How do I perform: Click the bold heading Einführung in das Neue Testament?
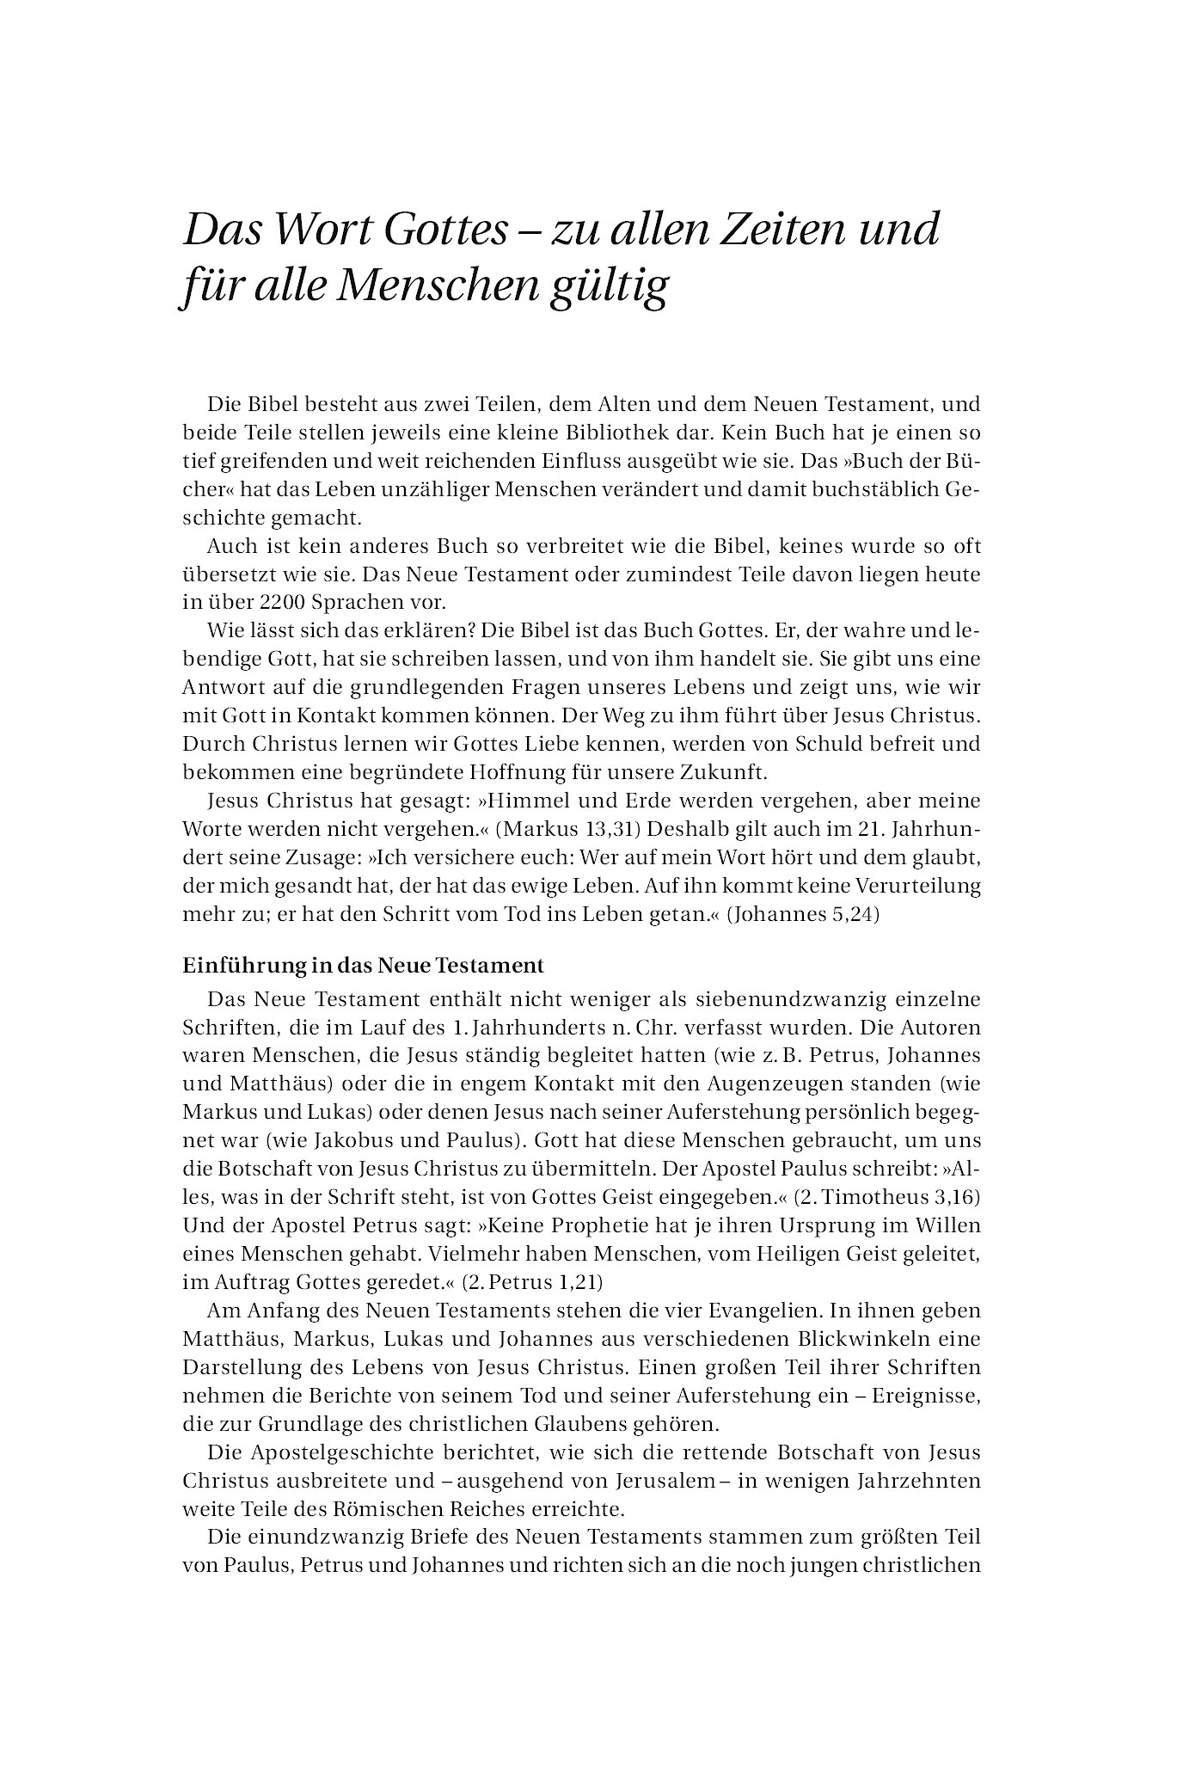tap(364, 966)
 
